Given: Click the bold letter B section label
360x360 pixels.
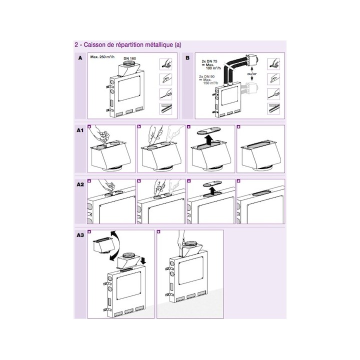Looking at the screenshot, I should coord(187,58).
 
